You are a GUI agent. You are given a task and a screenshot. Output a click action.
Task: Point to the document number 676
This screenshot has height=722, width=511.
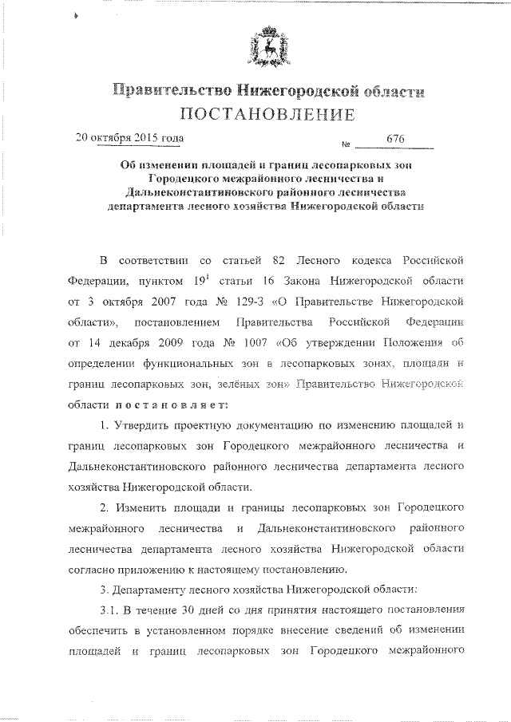tap(395, 140)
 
